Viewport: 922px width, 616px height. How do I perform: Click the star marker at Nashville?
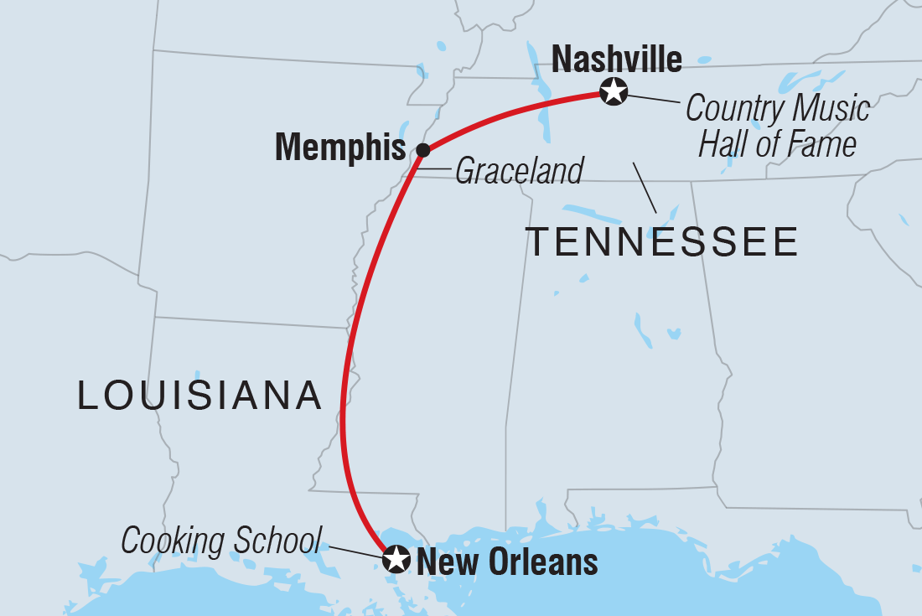[614, 91]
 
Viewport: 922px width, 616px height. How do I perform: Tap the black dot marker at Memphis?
[423, 150]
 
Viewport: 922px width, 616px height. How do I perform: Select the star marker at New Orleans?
[396, 559]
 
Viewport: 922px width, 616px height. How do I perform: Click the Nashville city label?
[617, 60]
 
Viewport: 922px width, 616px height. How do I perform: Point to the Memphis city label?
[340, 148]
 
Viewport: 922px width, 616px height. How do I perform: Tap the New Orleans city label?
[507, 562]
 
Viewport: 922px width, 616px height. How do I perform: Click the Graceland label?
[519, 172]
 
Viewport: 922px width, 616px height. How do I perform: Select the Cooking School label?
[221, 541]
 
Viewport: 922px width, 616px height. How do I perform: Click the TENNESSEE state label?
[662, 242]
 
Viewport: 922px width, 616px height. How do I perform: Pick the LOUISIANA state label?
[200, 395]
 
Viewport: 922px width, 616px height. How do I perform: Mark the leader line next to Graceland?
[434, 171]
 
